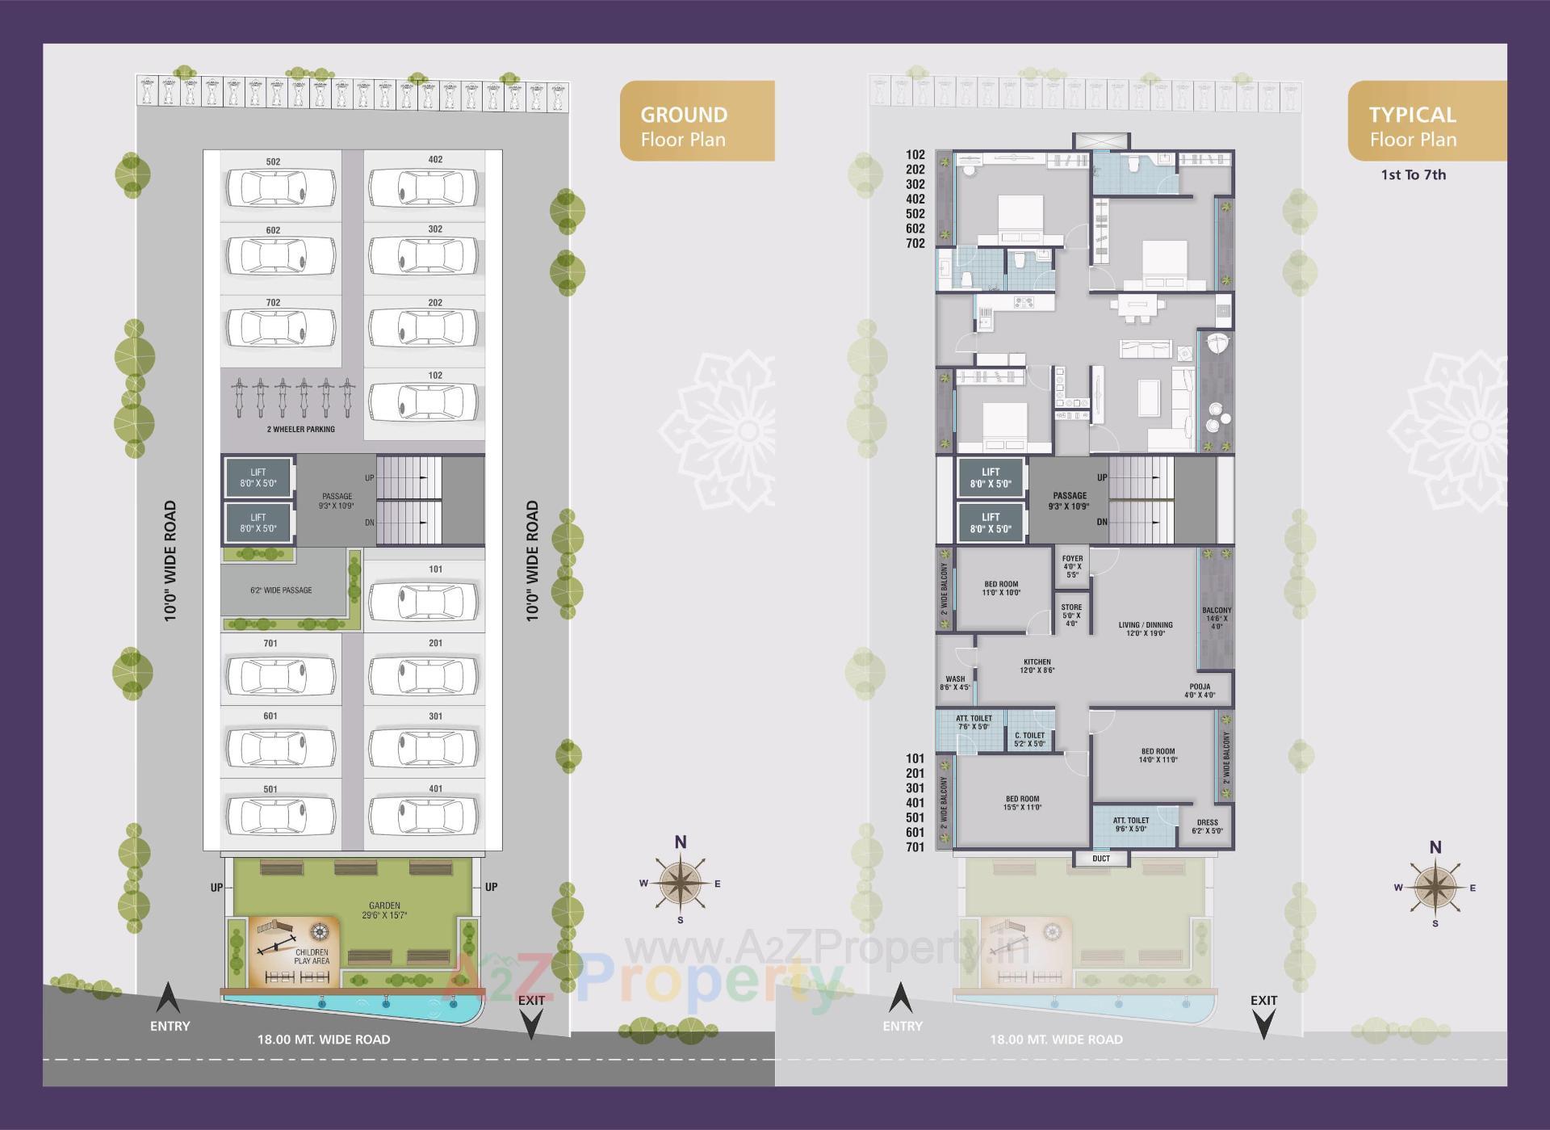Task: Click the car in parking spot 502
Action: coord(280,189)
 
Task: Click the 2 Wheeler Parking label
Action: coord(300,429)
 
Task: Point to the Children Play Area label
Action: coord(312,956)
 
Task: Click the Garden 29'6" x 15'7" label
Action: coord(384,910)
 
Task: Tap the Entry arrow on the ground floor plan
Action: coord(168,999)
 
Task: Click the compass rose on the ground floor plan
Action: coord(681,883)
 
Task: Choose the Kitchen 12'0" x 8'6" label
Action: coord(1037,666)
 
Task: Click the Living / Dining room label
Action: coord(1146,628)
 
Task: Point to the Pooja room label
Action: coord(1200,691)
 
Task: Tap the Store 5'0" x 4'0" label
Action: coord(1071,615)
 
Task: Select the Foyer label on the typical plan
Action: coord(1072,566)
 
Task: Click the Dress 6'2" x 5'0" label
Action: coord(1208,826)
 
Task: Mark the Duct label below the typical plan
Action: coord(1101,858)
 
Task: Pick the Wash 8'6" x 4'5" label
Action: coord(955,683)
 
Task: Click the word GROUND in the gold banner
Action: coord(684,115)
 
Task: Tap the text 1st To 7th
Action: coord(1413,174)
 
